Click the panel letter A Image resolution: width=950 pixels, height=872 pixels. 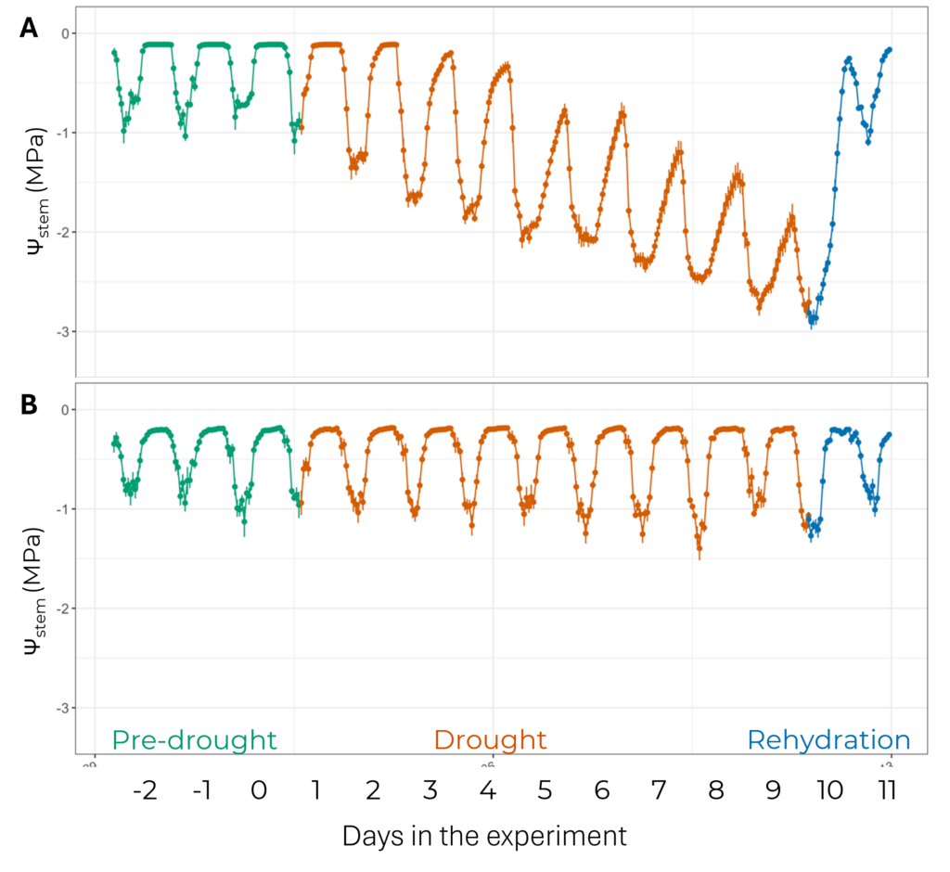point(29,29)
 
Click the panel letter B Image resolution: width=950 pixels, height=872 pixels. point(29,405)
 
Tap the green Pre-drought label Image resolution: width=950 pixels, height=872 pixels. point(195,740)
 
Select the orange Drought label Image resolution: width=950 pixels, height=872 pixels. point(490,740)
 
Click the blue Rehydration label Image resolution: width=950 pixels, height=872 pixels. point(828,740)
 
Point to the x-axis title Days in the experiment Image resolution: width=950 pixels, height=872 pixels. point(484,835)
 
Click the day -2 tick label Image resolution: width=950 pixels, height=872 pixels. point(145,791)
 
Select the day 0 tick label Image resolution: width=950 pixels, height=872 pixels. point(259,791)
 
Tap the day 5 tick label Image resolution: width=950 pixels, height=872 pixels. point(545,791)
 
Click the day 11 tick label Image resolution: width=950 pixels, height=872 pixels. point(887,791)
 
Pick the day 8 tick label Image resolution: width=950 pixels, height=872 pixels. point(715,791)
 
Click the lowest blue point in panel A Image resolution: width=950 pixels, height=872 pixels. point(813,320)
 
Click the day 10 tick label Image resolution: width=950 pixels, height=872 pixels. point(829,791)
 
